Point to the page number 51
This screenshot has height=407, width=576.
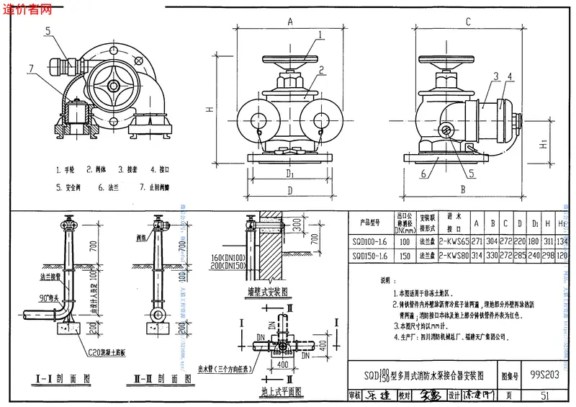click(x=544, y=395)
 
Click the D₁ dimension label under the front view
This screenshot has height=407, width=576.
click(x=289, y=174)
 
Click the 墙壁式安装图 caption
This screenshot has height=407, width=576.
click(x=265, y=293)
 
